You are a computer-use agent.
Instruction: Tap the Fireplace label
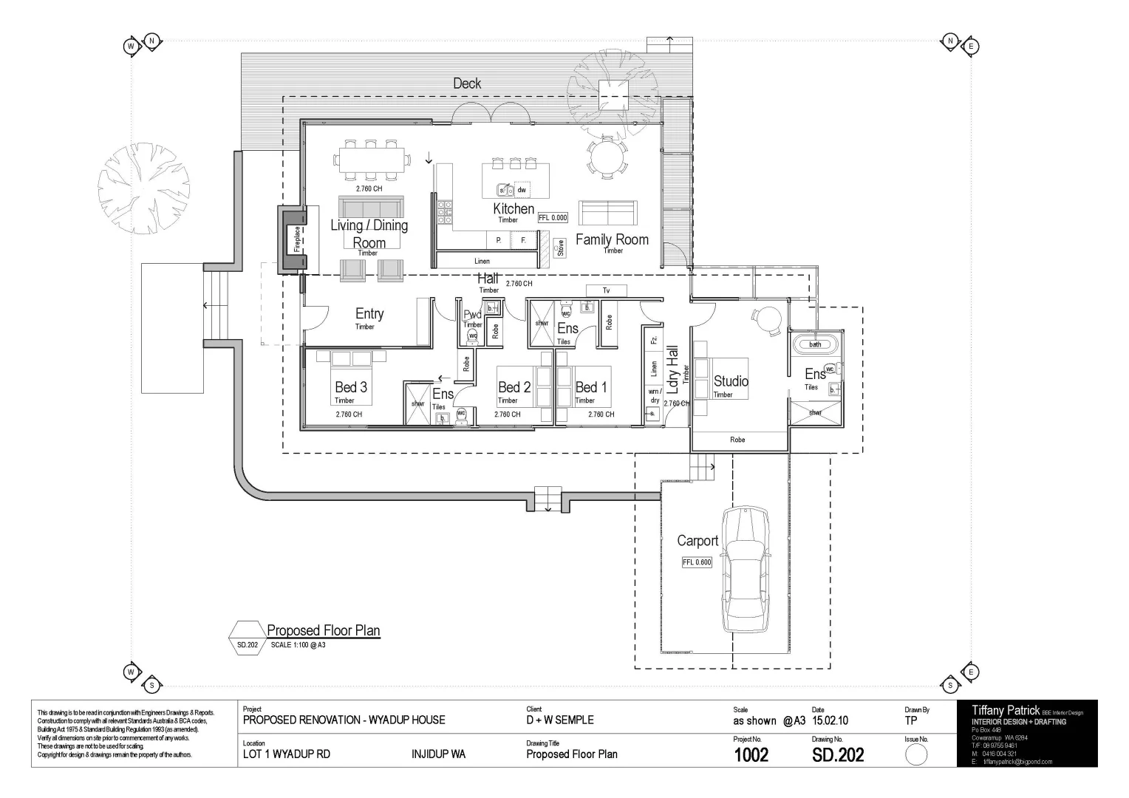[x=297, y=238]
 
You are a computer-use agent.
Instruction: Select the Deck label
[x=467, y=83]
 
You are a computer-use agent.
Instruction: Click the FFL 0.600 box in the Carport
[x=697, y=562]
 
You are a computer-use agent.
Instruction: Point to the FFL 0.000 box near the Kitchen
[x=553, y=218]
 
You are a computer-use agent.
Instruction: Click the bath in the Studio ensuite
[x=815, y=344]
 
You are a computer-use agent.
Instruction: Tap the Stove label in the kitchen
[x=560, y=248]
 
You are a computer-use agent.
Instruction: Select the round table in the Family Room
[x=606, y=157]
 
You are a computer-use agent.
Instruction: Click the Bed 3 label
[x=351, y=386]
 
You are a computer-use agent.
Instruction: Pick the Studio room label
[x=731, y=381]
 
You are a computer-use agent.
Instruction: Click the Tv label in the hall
[x=606, y=290]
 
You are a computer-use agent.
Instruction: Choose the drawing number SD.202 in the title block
[x=838, y=754]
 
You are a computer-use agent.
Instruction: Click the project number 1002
[x=751, y=754]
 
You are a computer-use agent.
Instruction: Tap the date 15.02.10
[x=830, y=720]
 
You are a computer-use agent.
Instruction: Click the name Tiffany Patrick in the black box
[x=1006, y=710]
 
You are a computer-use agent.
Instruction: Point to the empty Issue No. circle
[x=915, y=755]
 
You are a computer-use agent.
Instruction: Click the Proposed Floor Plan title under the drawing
[x=323, y=630]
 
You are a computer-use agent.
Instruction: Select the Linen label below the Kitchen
[x=482, y=261]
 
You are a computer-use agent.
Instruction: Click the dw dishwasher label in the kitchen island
[x=522, y=190]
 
